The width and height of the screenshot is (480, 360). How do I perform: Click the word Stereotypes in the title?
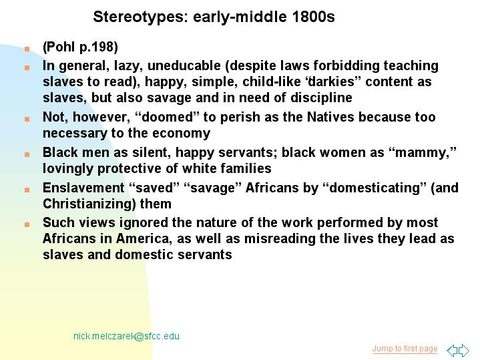(140, 17)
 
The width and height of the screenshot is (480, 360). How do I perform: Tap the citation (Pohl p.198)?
(80, 47)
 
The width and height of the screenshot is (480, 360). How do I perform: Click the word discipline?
(321, 98)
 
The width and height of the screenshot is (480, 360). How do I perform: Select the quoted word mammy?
(423, 152)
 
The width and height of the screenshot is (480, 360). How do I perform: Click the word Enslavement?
(83, 188)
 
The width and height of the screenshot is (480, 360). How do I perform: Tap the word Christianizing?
(89, 204)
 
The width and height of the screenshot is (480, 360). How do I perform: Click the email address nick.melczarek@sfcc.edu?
(126, 336)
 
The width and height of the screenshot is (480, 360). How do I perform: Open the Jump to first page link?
(405, 349)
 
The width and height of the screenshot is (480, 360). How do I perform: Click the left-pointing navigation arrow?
(452, 350)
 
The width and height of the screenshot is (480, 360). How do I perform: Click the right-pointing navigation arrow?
(464, 350)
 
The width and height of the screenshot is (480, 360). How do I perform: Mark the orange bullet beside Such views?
(27, 225)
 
